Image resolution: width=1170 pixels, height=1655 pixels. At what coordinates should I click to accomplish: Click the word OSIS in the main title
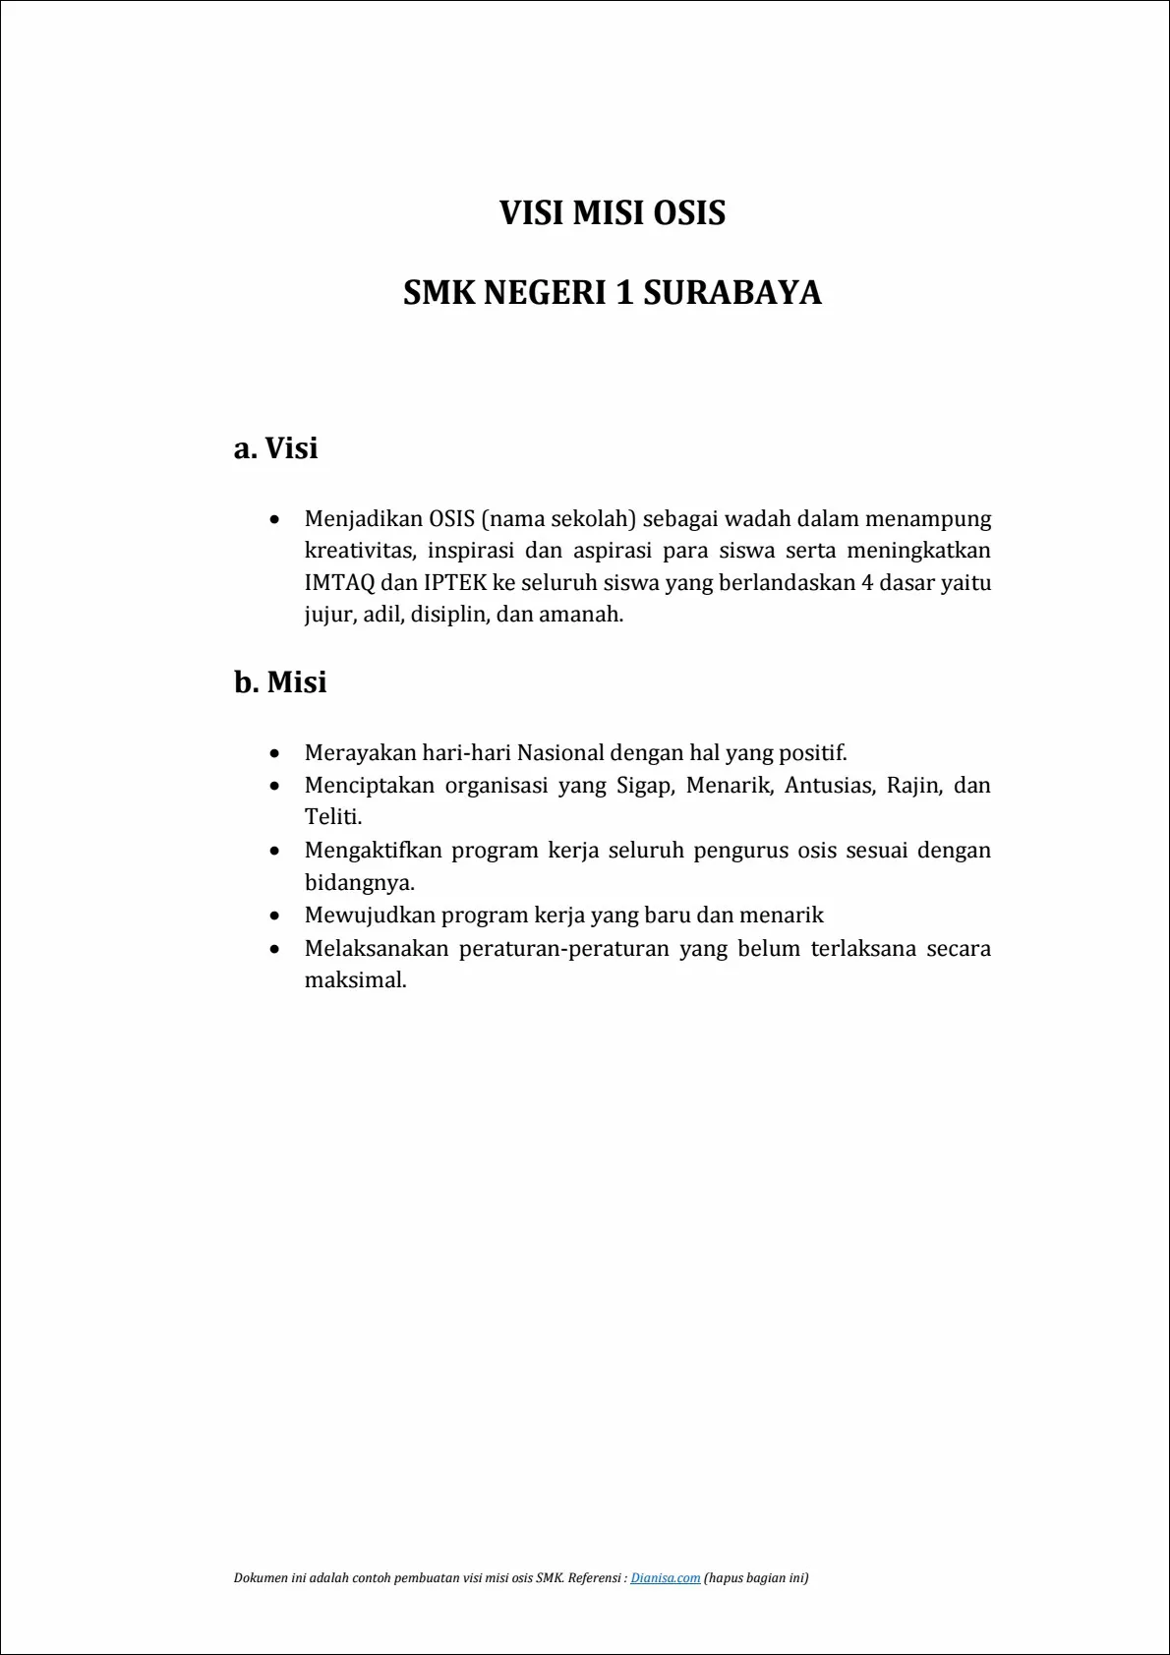pyautogui.click(x=689, y=212)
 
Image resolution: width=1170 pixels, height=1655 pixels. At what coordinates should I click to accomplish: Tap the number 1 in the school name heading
pyautogui.click(x=623, y=293)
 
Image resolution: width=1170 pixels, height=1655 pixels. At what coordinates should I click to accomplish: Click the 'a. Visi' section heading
pyautogui.click(x=276, y=448)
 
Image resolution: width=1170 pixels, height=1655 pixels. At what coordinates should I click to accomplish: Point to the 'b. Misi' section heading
pyautogui.click(x=280, y=682)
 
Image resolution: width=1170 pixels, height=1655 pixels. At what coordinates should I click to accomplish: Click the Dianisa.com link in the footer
pyautogui.click(x=666, y=1578)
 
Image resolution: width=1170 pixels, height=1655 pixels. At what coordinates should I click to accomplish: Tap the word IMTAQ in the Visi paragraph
pyautogui.click(x=339, y=582)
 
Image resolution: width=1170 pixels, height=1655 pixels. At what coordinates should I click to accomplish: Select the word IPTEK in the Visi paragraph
pyautogui.click(x=455, y=582)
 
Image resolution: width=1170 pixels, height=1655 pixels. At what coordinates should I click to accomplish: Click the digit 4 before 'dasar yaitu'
pyautogui.click(x=867, y=582)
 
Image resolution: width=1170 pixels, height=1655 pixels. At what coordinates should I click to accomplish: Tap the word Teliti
pyautogui.click(x=332, y=817)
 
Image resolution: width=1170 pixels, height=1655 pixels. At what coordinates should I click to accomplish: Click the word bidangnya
pyautogui.click(x=359, y=882)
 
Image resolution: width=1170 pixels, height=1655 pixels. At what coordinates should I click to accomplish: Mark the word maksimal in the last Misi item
pyautogui.click(x=355, y=980)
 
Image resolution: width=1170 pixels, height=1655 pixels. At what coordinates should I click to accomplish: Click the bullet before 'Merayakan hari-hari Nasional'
pyautogui.click(x=275, y=754)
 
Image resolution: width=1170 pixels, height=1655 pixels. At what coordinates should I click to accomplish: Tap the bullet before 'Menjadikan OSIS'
pyautogui.click(x=275, y=519)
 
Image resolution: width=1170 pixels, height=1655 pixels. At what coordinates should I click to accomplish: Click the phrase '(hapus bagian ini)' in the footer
pyautogui.click(x=756, y=1578)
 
